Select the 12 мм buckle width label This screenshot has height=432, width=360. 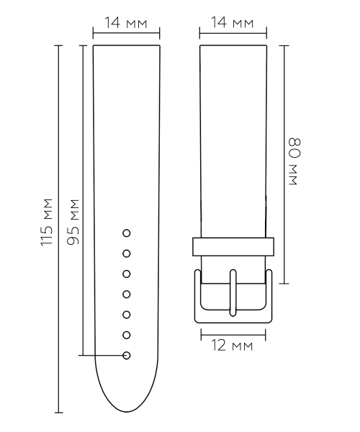(x=233, y=347)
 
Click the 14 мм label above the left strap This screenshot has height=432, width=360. (x=126, y=23)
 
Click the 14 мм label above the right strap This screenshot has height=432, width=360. (x=233, y=23)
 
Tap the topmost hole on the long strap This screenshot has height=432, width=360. (x=127, y=233)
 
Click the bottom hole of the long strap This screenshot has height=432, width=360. (x=127, y=355)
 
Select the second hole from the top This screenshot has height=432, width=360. (x=127, y=253)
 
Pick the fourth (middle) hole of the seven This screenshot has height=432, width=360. (x=127, y=294)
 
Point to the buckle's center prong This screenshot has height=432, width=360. (x=233, y=292)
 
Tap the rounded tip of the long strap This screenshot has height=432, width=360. (x=127, y=410)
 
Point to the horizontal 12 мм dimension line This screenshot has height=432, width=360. (x=233, y=334)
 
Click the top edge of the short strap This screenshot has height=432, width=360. (x=233, y=45)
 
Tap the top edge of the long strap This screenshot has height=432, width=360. (x=126, y=45)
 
